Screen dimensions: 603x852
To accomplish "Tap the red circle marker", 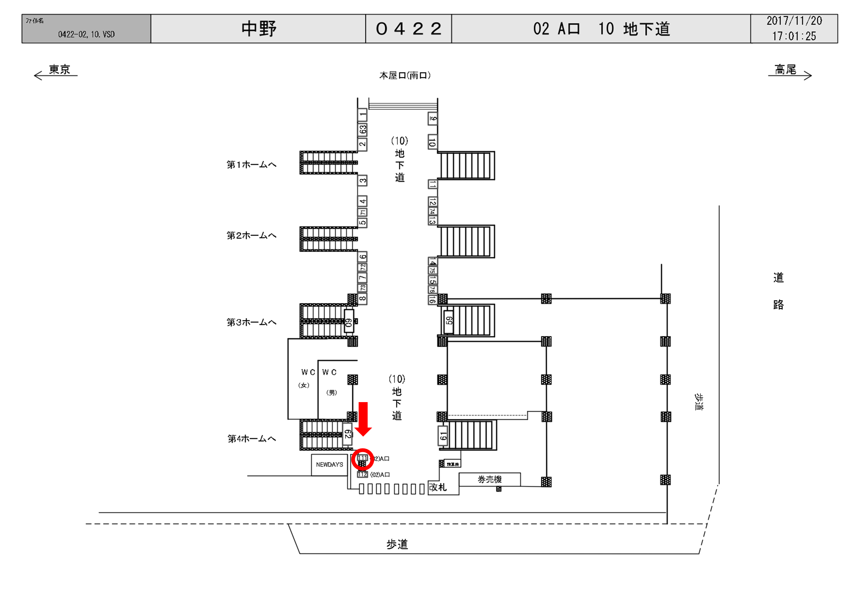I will (x=362, y=459).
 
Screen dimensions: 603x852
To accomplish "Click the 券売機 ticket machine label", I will (x=489, y=479).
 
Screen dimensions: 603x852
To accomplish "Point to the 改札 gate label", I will (x=438, y=487).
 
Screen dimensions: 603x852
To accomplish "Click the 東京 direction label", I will (x=59, y=70).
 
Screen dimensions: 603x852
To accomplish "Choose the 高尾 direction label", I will (x=785, y=70).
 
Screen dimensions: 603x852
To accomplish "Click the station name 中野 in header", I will (x=259, y=29).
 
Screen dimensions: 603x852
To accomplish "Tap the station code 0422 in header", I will (x=408, y=29).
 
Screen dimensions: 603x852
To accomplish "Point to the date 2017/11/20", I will (x=794, y=21).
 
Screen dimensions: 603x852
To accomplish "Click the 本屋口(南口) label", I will (x=405, y=76).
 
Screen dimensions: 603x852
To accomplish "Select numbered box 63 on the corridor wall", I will (x=363, y=129).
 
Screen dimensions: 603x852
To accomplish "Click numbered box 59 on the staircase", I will (x=449, y=320).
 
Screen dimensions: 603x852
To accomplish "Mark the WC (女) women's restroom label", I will (x=305, y=378).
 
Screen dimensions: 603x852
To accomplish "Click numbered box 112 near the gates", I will (x=362, y=474).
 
